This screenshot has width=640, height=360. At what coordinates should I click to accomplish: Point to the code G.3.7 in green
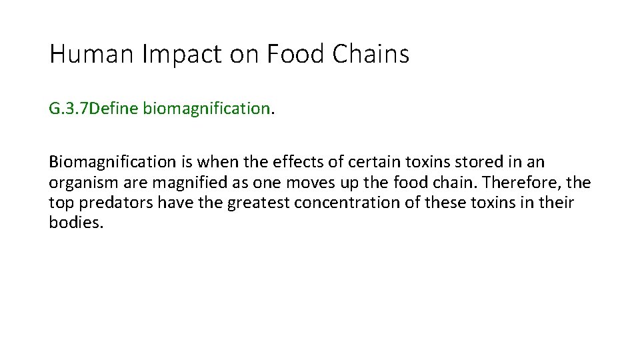(68, 109)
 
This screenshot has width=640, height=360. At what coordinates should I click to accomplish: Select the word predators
(113, 203)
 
